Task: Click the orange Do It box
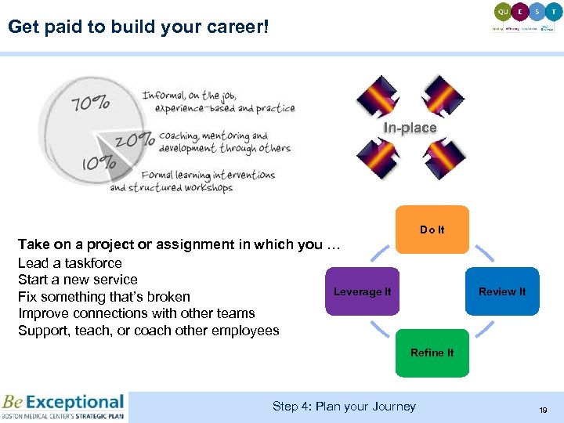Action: point(432,230)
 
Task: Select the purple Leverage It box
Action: point(362,291)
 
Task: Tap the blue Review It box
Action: point(502,291)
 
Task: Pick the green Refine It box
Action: point(432,352)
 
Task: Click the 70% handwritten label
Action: point(91,103)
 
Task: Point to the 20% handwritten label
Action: point(135,140)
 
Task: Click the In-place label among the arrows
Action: point(410,128)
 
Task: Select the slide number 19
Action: point(542,410)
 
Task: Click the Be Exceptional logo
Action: point(63,407)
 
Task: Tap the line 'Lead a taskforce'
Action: point(70,263)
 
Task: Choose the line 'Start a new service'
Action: point(78,280)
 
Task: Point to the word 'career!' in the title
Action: point(234,27)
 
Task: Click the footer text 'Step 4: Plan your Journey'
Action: point(344,406)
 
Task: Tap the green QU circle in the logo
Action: point(502,11)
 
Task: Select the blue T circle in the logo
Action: point(554,11)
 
